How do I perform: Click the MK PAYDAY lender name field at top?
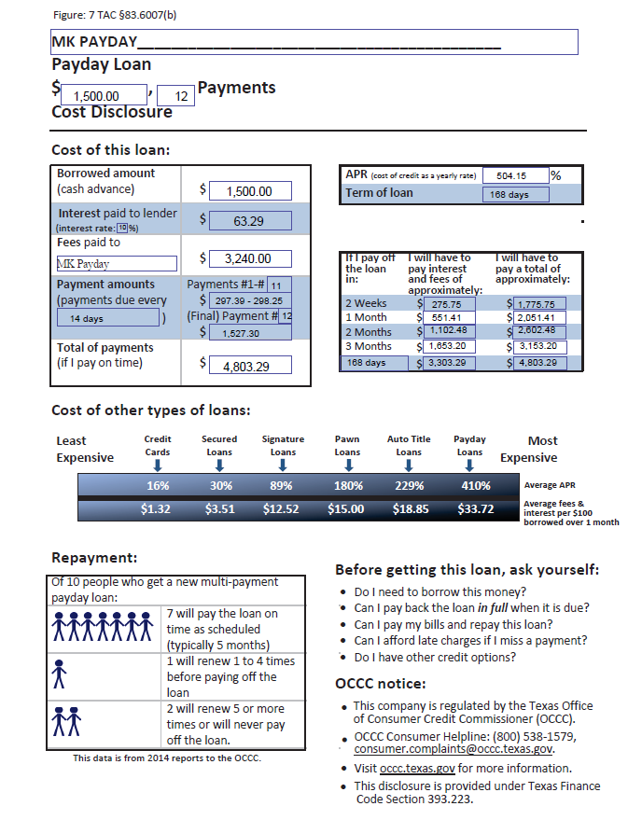(314, 42)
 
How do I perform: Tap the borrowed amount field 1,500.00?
(249, 191)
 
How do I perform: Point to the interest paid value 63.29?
(249, 221)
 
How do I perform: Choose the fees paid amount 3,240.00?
(249, 258)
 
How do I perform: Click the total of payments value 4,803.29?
(249, 367)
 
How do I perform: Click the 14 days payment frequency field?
(106, 318)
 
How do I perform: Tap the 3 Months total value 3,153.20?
(536, 345)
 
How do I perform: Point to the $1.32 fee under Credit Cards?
(156, 509)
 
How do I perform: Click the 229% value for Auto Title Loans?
(410, 485)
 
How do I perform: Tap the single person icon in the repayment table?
(61, 672)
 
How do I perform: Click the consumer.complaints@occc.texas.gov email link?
(454, 749)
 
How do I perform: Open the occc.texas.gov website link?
(417, 768)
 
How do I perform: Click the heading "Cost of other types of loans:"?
(150, 410)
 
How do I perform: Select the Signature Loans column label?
(283, 445)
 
